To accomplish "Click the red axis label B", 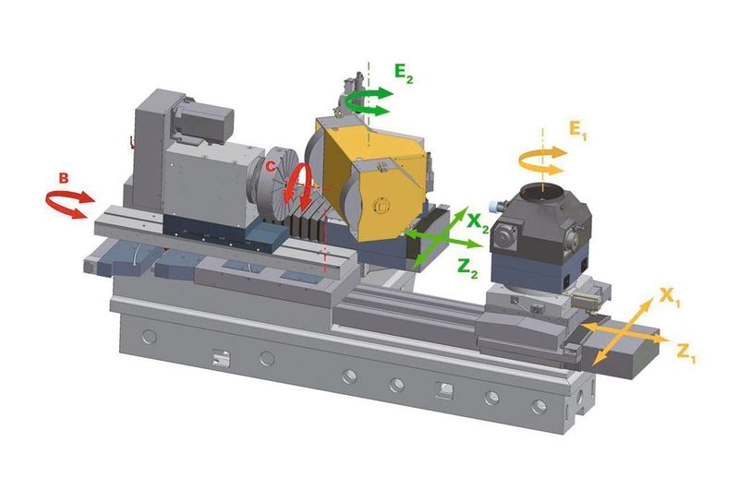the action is [x=64, y=178].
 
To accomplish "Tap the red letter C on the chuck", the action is [x=270, y=166].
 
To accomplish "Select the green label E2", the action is [x=404, y=74].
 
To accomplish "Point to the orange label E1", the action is [x=578, y=129].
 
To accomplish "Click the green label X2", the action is [x=478, y=222].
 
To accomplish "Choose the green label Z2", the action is [x=467, y=268].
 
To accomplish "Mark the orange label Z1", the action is [x=686, y=353].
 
